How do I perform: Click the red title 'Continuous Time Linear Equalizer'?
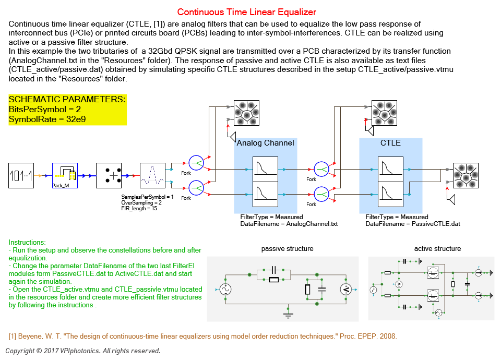(x=246, y=12)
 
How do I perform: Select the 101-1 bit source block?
(x=21, y=176)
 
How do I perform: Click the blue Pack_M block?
(x=65, y=175)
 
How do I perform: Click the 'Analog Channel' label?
(x=265, y=143)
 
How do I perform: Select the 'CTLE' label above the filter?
(x=390, y=143)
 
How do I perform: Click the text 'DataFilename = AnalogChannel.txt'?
(x=289, y=224)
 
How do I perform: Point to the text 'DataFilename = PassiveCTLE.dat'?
(x=412, y=224)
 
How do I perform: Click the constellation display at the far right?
(x=466, y=176)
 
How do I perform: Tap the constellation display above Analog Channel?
(x=246, y=113)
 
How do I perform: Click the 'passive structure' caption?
(x=287, y=249)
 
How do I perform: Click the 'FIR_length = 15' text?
(x=139, y=208)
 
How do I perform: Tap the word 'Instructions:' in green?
(x=27, y=243)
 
